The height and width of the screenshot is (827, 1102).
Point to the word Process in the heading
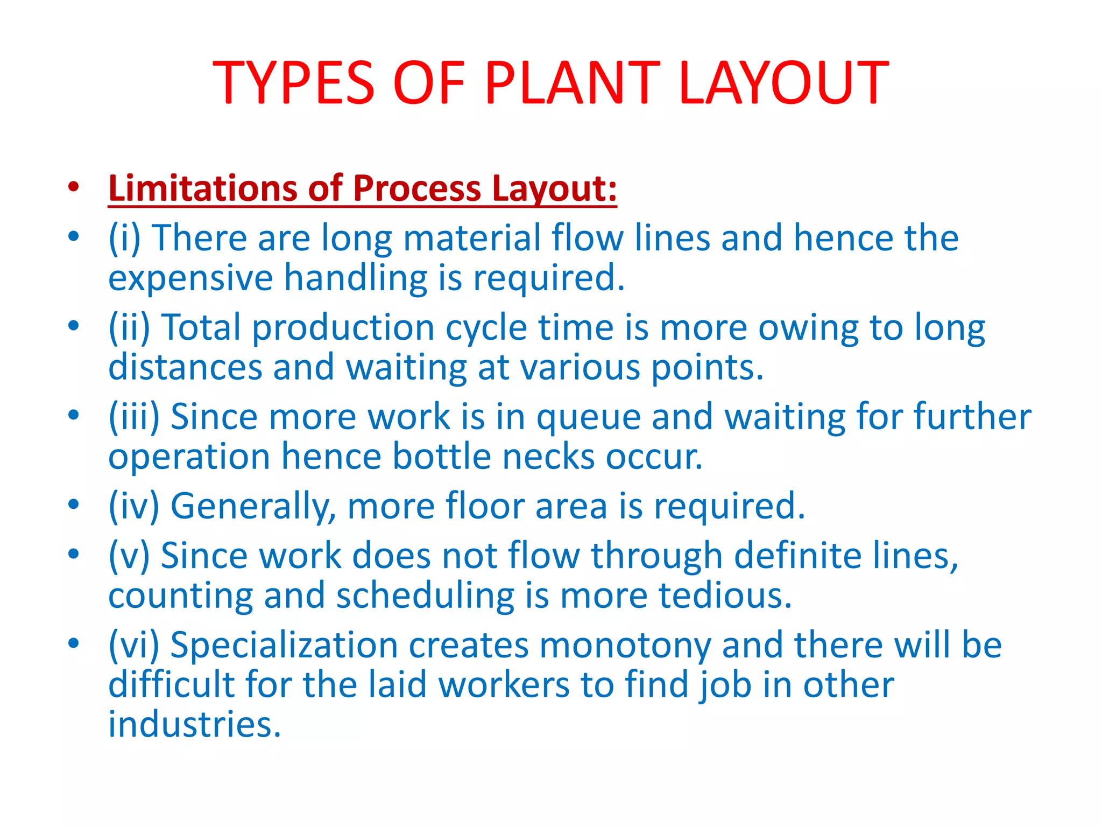tap(417, 188)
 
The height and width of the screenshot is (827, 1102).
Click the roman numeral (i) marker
tap(124, 237)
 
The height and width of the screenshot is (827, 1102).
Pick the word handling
tap(356, 278)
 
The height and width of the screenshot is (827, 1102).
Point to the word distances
tap(185, 367)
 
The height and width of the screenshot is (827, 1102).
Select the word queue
tap(588, 417)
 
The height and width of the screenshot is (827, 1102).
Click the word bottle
tap(441, 457)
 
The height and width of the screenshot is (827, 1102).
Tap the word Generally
tap(253, 506)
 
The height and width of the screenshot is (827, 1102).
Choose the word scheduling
tap(425, 596)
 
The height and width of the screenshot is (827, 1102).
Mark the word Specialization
tap(284, 645)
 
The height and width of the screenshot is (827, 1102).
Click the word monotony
tap(625, 645)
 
